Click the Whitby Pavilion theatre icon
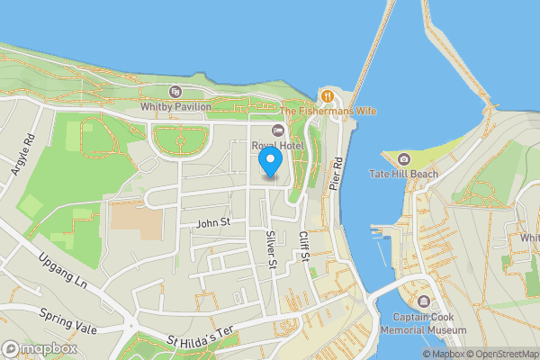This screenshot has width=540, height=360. tap(175, 91)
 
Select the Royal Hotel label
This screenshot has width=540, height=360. tap(277, 146)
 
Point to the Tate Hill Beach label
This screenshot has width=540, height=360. tap(404, 175)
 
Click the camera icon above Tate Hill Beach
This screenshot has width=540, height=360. tap(403, 159)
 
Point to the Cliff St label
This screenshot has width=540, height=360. tap(303, 244)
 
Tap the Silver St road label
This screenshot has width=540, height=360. tap(270, 248)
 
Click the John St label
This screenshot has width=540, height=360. tap(213, 221)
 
